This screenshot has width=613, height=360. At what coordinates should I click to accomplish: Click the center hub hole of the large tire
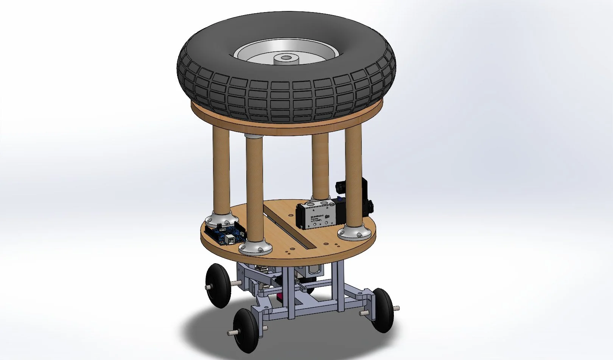[x=286, y=59]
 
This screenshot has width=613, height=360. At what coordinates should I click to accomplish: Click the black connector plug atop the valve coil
[x=341, y=186]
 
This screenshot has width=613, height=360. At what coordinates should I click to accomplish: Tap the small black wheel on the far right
[x=383, y=310]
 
